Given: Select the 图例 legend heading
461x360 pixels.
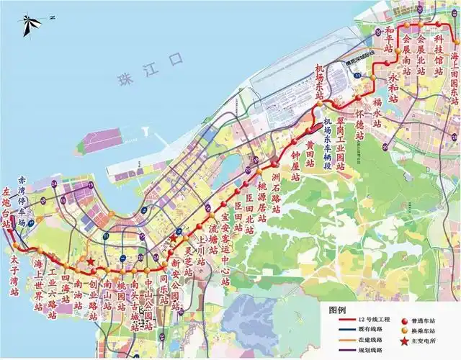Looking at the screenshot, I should click(339, 309).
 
